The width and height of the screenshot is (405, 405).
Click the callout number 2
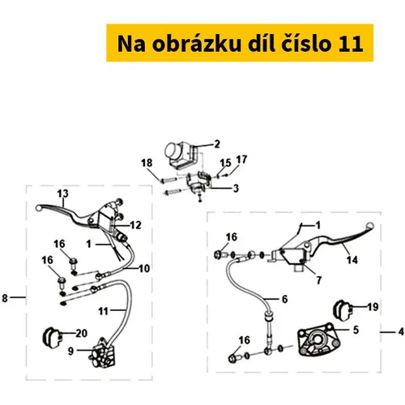coord(217,144)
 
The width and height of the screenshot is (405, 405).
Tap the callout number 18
coord(147,163)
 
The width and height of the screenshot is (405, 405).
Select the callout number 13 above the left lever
coord(62,194)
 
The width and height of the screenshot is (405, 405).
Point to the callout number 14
coord(352,260)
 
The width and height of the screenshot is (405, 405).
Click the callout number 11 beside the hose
coord(103,311)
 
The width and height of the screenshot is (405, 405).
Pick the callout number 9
coord(70,351)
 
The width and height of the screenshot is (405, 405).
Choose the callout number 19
coord(373,307)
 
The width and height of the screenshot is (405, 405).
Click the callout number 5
coord(356,330)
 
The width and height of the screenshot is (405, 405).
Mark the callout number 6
coord(284,299)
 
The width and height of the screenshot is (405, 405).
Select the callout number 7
coord(319,280)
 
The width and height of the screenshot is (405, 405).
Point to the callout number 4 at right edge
coord(401,331)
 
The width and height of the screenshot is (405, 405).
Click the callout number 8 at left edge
coord(5,298)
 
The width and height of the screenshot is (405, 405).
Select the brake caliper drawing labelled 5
coord(318,340)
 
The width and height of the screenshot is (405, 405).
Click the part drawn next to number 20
coord(51,337)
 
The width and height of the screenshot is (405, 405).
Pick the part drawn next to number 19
coord(343,310)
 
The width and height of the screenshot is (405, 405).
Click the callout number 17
coord(241,160)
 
